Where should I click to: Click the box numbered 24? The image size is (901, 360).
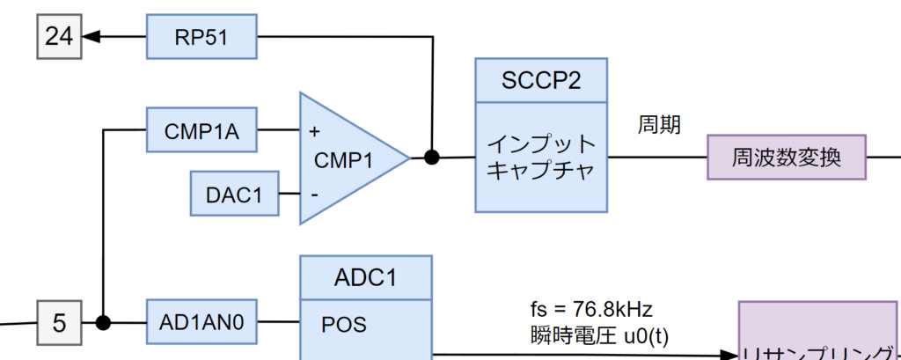[x=59, y=36]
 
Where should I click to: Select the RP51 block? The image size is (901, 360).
[x=201, y=36]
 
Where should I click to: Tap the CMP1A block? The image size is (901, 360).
[x=201, y=130]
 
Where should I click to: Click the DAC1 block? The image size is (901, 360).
[x=235, y=195]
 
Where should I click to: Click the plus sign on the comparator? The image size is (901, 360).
[x=314, y=131]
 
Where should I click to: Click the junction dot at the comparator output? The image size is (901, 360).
[x=431, y=158]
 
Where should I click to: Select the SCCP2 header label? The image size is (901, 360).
[x=541, y=80]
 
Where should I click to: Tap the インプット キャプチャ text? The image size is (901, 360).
[x=541, y=157]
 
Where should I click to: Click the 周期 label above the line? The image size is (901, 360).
[x=659, y=125]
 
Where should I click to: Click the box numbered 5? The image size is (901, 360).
[x=59, y=322]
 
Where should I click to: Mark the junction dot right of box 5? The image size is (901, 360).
[x=103, y=322]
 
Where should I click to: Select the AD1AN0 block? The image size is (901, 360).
[x=201, y=322]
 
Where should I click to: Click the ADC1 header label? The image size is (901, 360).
[x=366, y=277]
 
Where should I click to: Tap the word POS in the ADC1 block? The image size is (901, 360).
[x=344, y=324]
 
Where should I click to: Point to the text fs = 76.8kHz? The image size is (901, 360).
[x=590, y=309]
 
